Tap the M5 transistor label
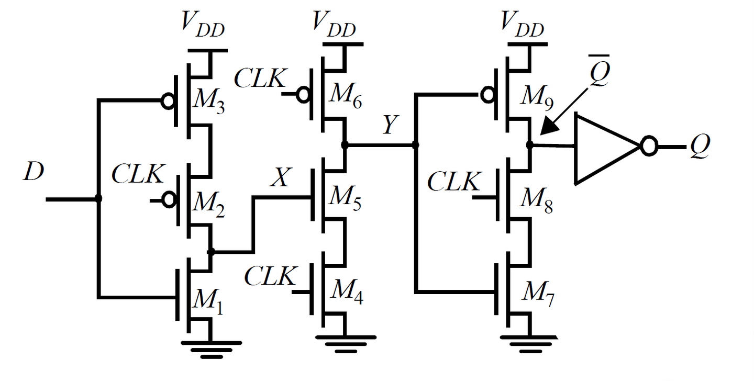[x=345, y=199]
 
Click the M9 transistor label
[x=539, y=100]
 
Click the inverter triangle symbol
[x=602, y=149]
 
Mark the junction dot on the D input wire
[x=98, y=198]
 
